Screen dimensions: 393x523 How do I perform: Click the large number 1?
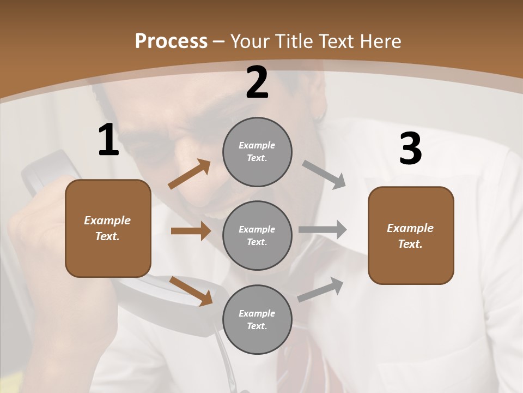click(x=108, y=140)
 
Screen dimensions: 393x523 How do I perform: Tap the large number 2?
click(x=257, y=82)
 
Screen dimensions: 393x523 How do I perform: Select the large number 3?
click(x=410, y=149)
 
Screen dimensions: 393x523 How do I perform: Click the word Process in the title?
click(x=171, y=41)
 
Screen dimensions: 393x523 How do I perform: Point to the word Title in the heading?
click(x=293, y=41)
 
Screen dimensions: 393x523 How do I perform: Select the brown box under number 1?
click(x=108, y=228)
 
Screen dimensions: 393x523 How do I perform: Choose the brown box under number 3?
click(x=411, y=236)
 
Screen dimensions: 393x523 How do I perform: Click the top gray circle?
click(x=257, y=152)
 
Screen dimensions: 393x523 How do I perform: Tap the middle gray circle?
click(x=257, y=236)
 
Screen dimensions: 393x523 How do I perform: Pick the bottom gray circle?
click(x=257, y=320)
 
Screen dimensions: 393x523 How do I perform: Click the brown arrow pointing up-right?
click(x=190, y=174)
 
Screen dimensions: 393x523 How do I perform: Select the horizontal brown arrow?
click(x=191, y=231)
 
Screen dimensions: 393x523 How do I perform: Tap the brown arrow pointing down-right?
click(x=191, y=290)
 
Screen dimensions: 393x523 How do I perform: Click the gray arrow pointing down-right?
click(x=324, y=174)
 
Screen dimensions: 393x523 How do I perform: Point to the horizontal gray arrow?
click(x=323, y=230)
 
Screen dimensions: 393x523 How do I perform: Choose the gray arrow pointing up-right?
click(x=320, y=289)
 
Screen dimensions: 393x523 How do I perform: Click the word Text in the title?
click(x=335, y=41)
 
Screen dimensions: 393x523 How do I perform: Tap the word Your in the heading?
click(x=250, y=41)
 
